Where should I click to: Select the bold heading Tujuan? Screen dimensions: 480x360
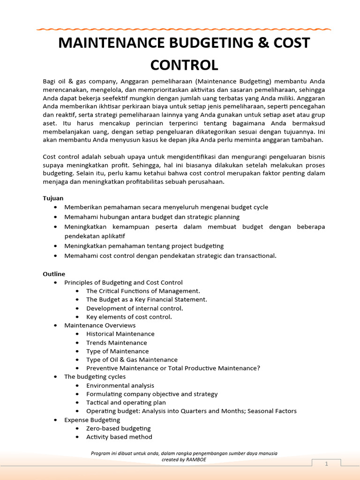click(x=53, y=198)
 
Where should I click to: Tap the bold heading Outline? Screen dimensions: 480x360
click(x=54, y=274)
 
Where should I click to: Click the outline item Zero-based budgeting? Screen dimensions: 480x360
click(x=118, y=428)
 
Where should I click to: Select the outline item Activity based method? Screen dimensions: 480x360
click(x=119, y=437)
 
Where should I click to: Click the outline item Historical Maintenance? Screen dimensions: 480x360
click(x=120, y=334)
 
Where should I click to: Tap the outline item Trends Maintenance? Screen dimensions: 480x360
click(x=116, y=343)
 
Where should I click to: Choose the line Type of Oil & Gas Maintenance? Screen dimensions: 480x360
click(x=132, y=360)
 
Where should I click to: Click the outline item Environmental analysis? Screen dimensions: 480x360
click(x=120, y=385)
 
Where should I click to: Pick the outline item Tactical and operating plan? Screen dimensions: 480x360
click(x=126, y=403)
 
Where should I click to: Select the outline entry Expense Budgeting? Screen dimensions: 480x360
click(x=92, y=420)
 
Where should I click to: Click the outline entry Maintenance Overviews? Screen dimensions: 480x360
click(x=100, y=325)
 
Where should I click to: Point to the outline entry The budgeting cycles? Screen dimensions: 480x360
click(x=95, y=377)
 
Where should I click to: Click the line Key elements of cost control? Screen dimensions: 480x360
click(x=129, y=317)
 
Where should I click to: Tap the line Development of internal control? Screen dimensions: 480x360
click(x=135, y=308)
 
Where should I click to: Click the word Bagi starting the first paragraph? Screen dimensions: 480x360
click(x=49, y=81)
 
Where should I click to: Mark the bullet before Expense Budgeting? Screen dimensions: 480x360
click(x=56, y=420)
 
